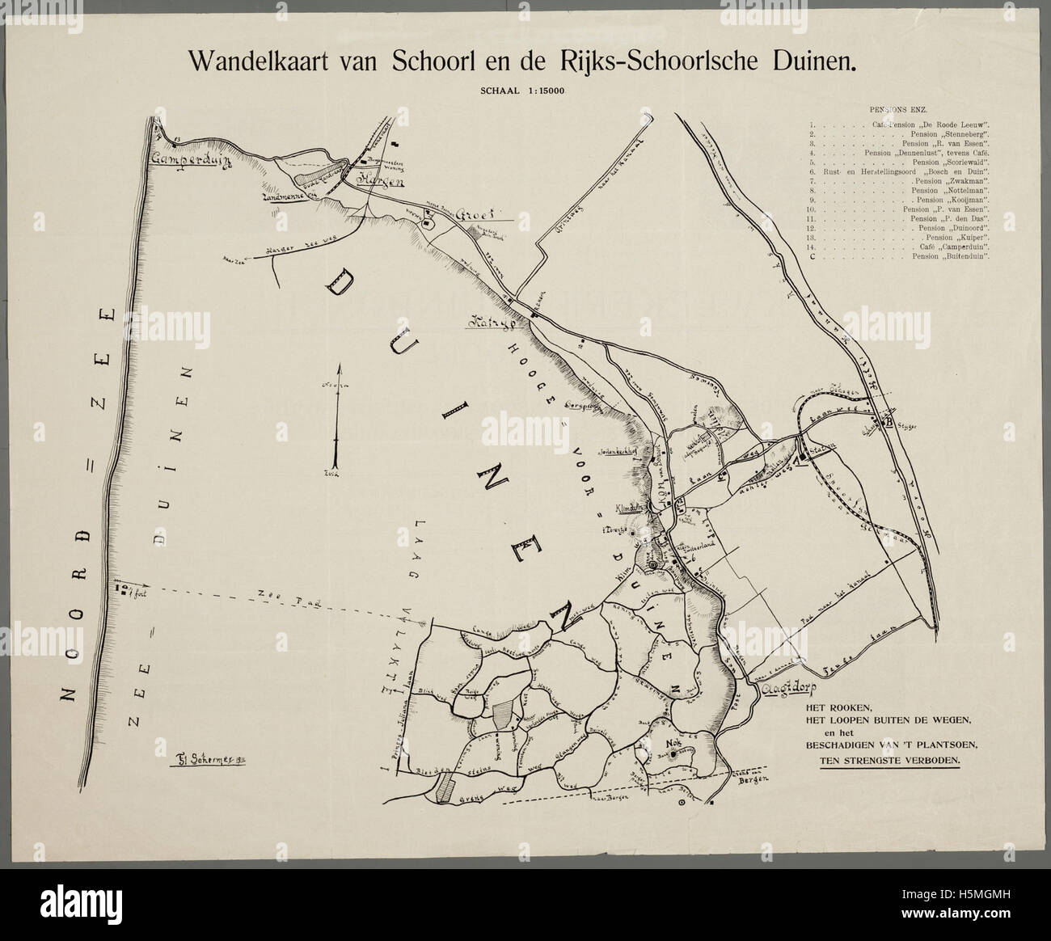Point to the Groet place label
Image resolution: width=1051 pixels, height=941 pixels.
tap(471, 217)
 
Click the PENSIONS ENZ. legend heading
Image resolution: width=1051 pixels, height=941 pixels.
tap(897, 108)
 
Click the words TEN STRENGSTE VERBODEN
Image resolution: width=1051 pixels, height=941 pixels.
tap(888, 761)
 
